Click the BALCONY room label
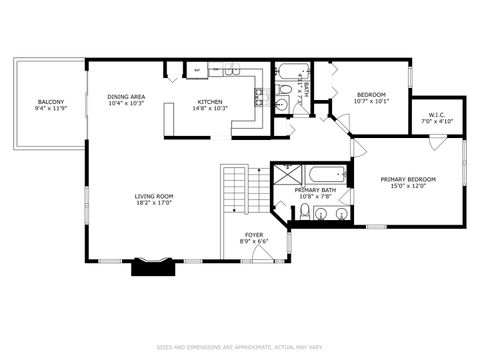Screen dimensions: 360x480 pos(50,101)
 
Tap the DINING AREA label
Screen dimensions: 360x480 pos(127,96)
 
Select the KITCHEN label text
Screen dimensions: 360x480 pos(210,101)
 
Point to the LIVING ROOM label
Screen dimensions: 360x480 pos(155,196)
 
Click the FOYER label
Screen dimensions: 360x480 pos(254,234)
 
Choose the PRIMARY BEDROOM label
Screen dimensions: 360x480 pos(408,180)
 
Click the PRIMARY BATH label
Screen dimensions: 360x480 pos(315,190)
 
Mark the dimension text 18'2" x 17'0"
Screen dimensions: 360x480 pos(155,203)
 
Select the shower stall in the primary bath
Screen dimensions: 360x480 pos(285,175)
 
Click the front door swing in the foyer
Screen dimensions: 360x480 pos(263,255)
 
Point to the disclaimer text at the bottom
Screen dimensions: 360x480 pos(240,348)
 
